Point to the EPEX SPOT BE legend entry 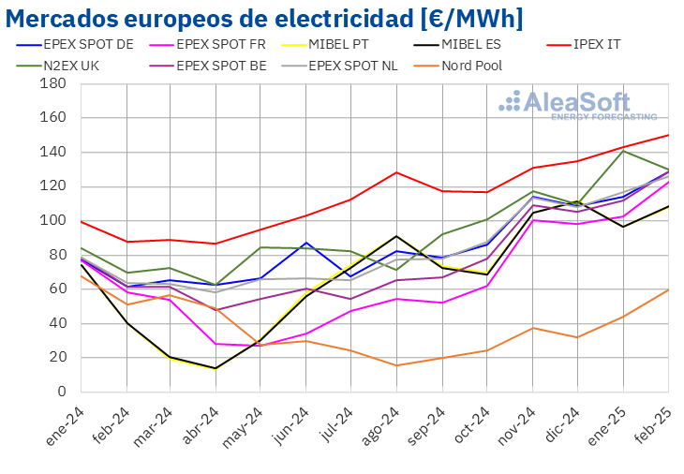coord(221,66)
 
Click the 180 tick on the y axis coord(52,83)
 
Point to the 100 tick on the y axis coord(52,220)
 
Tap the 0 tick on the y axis coord(60,392)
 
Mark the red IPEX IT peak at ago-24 coord(397,172)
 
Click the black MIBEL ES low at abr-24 coord(216,368)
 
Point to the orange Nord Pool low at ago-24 coord(397,365)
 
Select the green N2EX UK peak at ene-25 coord(623,151)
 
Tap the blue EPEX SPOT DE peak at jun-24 coord(306,243)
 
